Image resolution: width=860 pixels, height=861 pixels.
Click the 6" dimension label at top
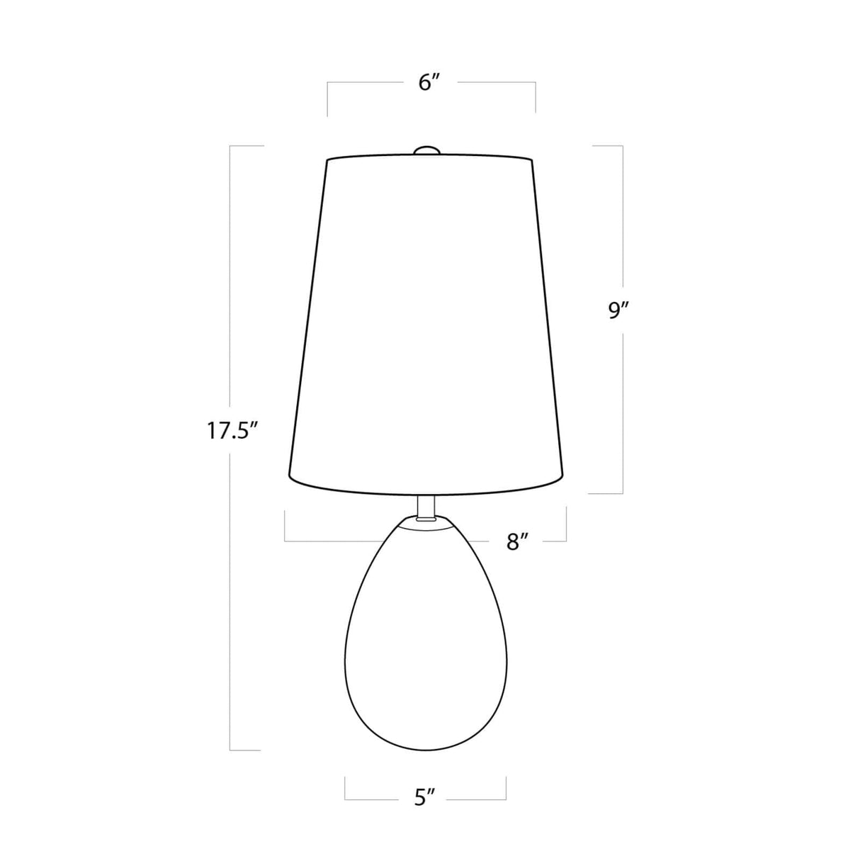[x=430, y=83]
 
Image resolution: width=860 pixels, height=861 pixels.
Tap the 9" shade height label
[x=618, y=311]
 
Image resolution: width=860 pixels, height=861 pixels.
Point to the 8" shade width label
[x=519, y=542]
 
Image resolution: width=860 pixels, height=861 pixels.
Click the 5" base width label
[x=424, y=799]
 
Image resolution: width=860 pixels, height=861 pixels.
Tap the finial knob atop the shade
[x=426, y=150]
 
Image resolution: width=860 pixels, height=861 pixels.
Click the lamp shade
[x=426, y=319]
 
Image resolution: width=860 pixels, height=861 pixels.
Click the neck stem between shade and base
[x=426, y=505]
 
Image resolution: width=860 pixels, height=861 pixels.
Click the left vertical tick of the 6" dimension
[x=327, y=99]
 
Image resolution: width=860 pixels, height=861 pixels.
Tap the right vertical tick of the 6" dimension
[x=536, y=97]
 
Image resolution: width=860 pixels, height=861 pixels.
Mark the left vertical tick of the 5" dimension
[x=345, y=788]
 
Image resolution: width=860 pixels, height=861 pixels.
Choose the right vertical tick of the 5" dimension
[x=506, y=788]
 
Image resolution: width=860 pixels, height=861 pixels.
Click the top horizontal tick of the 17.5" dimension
[x=247, y=146]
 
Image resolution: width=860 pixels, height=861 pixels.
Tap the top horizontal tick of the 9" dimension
[x=607, y=146]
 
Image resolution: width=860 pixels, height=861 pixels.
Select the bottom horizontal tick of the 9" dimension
[x=606, y=493]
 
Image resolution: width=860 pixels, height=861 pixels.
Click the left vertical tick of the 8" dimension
[x=285, y=526]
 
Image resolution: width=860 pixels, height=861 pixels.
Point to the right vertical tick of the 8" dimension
[x=566, y=524]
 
